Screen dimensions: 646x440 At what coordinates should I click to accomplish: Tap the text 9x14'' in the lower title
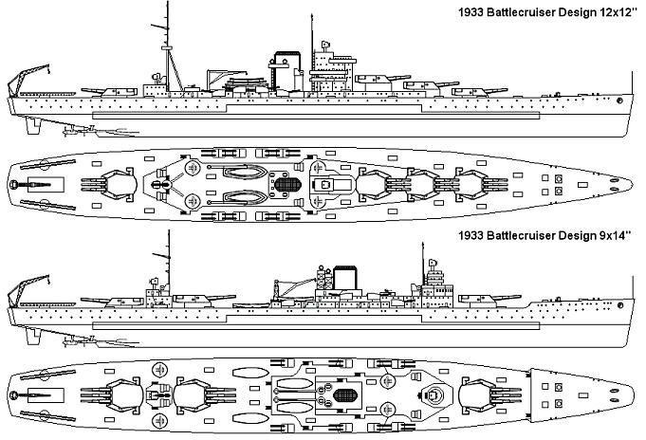point(614,236)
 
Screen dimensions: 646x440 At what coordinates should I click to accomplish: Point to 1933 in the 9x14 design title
point(471,236)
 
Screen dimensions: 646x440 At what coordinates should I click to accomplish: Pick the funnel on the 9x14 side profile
point(345,278)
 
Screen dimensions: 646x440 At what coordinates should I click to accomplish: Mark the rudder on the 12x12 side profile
point(32,125)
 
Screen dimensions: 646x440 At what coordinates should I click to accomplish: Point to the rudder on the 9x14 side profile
point(32,336)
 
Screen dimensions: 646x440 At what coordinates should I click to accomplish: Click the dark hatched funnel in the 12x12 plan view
point(287,184)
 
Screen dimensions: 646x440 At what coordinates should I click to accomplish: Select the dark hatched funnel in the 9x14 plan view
point(344,395)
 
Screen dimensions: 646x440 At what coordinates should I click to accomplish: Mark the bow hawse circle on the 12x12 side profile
point(619,101)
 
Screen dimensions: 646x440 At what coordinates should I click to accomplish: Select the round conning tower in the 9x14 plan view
point(433,395)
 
